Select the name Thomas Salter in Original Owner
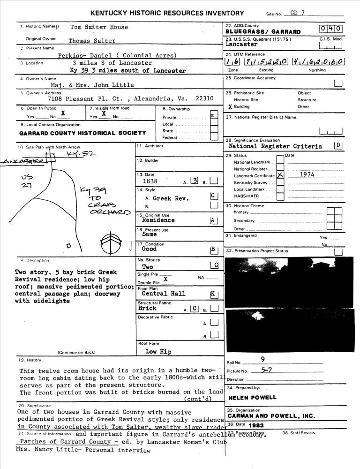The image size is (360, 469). (x=92, y=41)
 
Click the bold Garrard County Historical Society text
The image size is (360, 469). (x=82, y=133)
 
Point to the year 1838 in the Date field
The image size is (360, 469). (x=150, y=181)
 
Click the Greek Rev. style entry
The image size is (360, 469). (x=171, y=198)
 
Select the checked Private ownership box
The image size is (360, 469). (x=214, y=115)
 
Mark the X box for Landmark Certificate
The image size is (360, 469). (x=280, y=175)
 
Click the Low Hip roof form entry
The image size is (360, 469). (x=158, y=351)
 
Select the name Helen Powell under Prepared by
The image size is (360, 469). (x=252, y=398)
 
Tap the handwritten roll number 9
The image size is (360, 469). (x=262, y=360)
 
